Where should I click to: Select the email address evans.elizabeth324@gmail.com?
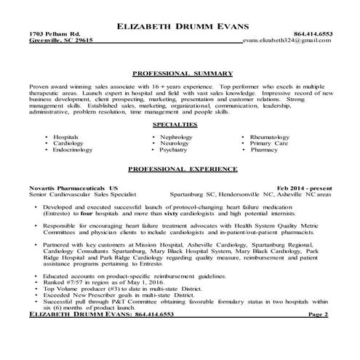289,41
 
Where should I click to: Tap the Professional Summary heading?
183,73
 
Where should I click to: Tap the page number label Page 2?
318,335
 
